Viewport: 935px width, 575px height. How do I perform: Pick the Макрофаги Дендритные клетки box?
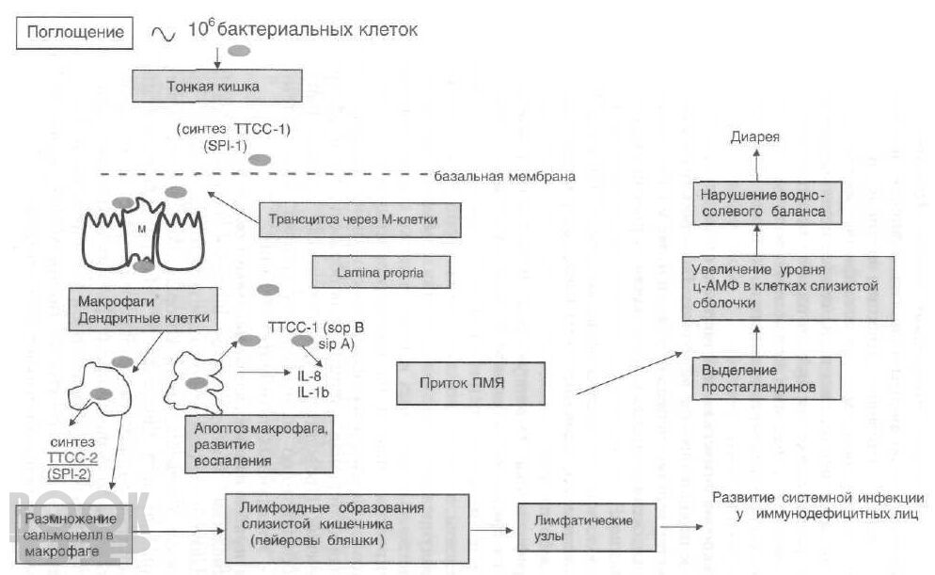tap(138, 310)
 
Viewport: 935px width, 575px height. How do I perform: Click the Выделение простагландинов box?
tap(766, 377)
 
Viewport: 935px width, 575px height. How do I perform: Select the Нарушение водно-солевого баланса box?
tap(763, 203)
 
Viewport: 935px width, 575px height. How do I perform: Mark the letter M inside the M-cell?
tap(139, 229)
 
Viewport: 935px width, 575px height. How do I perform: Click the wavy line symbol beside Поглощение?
tap(162, 34)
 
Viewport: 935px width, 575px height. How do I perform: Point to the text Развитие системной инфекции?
tap(815, 498)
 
